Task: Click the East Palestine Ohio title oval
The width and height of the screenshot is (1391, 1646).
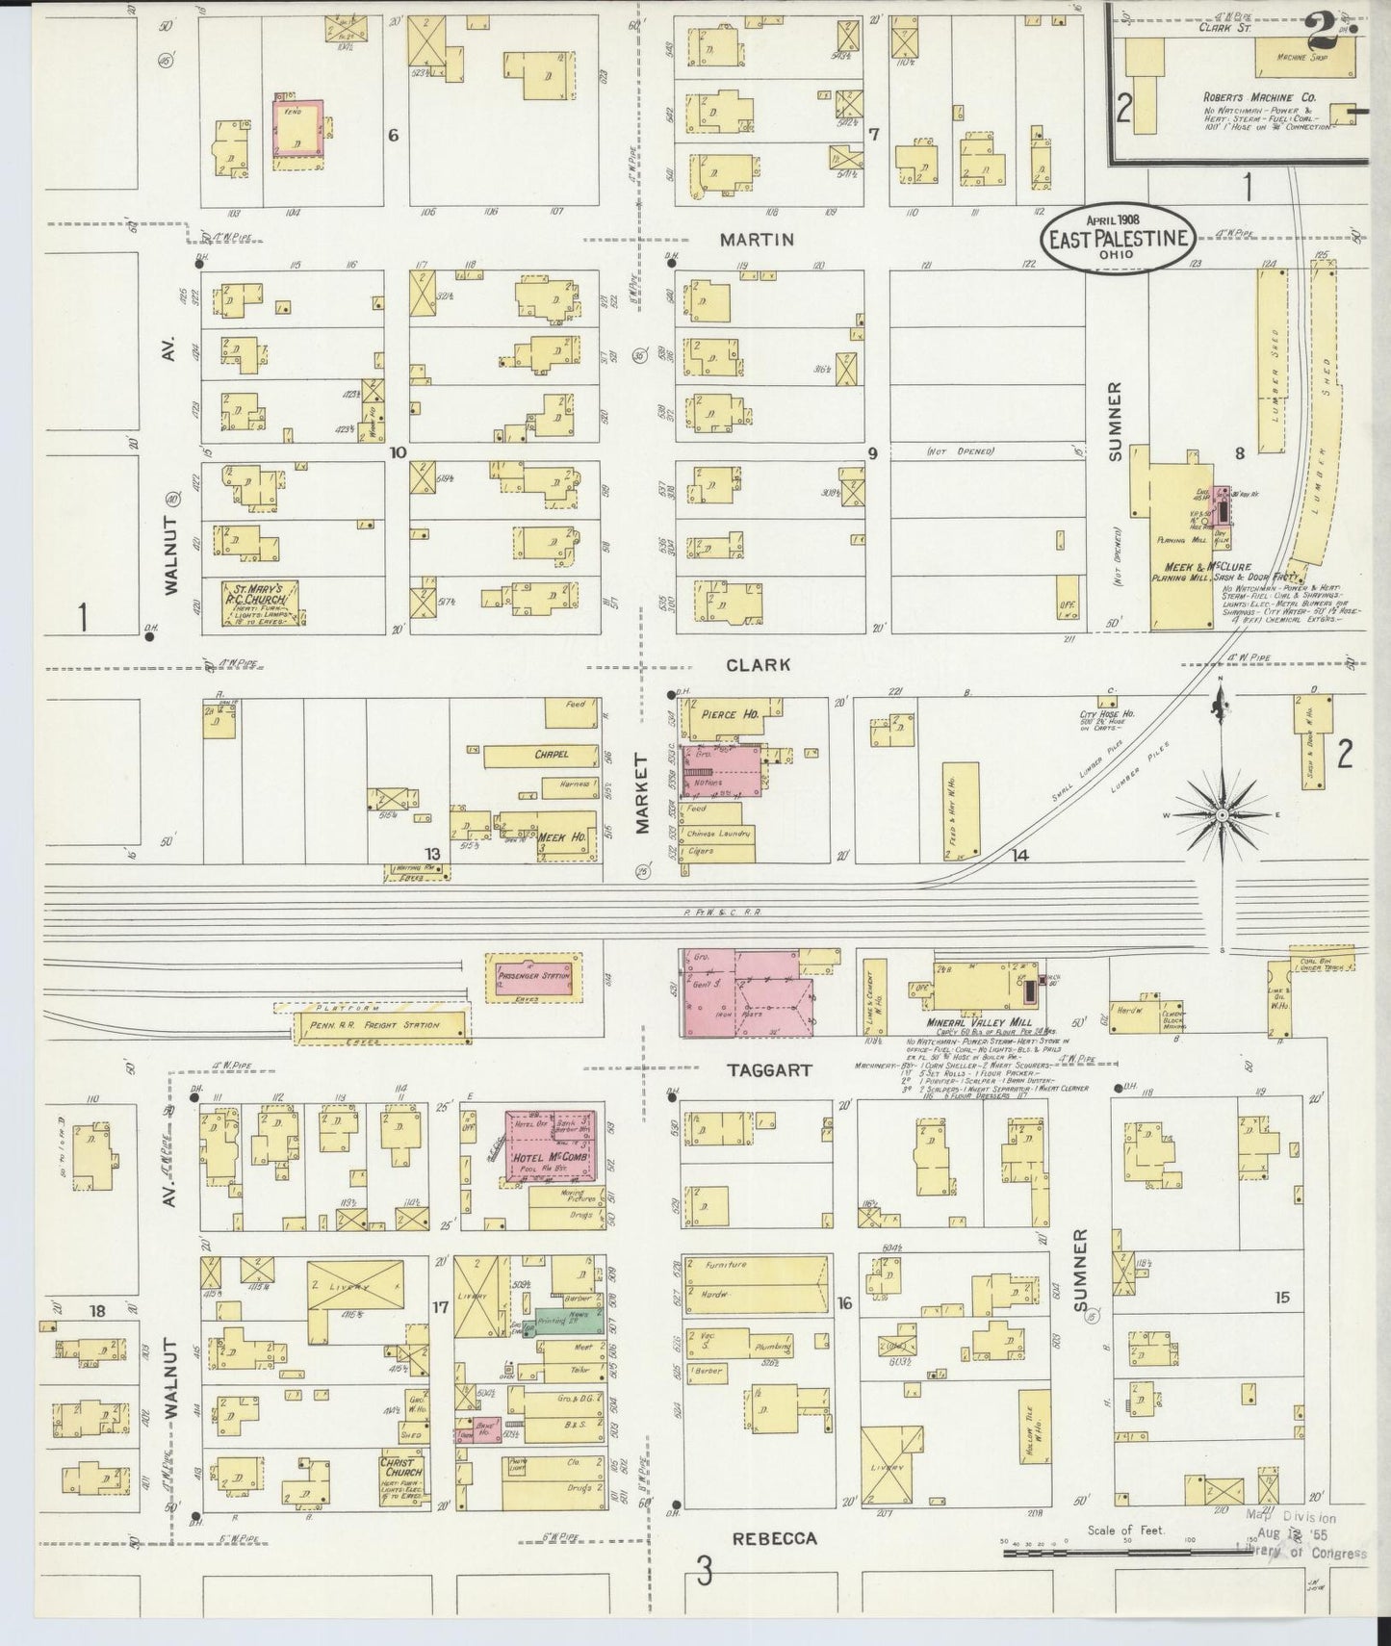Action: pos(1119,238)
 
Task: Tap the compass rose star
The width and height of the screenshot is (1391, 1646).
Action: pos(1222,816)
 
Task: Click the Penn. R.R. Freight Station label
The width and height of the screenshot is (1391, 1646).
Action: pos(375,1025)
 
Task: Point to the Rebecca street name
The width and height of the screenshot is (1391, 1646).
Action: pos(774,1538)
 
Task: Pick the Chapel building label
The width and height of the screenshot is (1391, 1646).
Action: pos(551,755)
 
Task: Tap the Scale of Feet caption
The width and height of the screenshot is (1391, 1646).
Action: pos(1125,1530)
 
